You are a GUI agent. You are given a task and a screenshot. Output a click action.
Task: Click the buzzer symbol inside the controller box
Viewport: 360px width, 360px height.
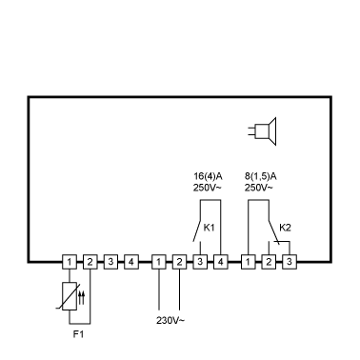point(263,131)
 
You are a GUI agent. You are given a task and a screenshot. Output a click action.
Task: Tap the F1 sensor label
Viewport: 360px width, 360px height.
point(78,334)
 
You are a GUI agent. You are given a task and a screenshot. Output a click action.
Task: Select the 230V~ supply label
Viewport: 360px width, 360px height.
point(170,320)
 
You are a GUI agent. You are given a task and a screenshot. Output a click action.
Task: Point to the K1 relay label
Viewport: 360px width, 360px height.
point(209,228)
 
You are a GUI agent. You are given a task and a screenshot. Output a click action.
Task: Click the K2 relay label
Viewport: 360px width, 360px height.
point(285,228)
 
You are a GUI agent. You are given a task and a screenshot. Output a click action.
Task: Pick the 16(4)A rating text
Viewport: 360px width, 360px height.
point(208,176)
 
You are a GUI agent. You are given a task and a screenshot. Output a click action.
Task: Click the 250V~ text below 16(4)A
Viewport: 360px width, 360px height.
point(207,188)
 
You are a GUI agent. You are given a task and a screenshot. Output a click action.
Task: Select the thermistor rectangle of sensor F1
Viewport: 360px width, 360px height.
point(70,296)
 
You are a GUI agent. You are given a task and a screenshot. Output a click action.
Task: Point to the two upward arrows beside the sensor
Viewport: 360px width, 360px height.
point(82,297)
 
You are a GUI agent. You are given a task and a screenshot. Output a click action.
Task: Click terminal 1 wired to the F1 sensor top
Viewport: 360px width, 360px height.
point(70,262)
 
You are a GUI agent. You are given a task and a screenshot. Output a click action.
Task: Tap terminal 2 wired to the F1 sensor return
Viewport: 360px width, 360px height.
point(90,262)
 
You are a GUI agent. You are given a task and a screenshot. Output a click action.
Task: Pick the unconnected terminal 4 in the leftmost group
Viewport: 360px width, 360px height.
point(130,262)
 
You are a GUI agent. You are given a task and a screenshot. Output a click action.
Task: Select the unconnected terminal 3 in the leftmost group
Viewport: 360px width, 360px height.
point(110,262)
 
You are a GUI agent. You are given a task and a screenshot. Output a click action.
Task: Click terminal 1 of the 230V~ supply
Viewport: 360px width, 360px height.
point(159,262)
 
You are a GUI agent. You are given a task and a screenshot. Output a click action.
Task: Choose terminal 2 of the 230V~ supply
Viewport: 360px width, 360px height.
point(179,262)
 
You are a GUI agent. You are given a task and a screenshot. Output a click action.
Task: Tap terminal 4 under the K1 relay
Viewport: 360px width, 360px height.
point(220,262)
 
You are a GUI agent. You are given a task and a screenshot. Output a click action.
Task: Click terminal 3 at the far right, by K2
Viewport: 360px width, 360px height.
point(290,262)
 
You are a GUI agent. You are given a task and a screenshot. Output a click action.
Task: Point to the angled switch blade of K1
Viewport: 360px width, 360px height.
point(197,230)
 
